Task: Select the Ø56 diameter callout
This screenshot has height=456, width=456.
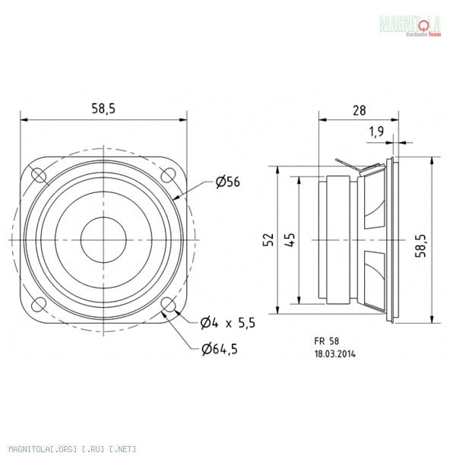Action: [229, 182]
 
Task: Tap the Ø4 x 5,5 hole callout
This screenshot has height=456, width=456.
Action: [228, 323]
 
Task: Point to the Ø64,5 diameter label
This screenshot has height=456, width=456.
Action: [226, 350]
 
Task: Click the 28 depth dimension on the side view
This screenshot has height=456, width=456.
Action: [358, 110]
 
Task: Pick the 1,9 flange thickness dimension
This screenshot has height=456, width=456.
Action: [375, 131]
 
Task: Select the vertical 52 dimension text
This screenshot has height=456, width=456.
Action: [268, 240]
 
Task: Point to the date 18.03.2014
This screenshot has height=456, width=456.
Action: [335, 353]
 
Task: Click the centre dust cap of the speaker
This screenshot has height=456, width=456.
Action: [103, 239]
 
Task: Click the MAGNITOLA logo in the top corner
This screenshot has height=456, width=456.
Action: [411, 24]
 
